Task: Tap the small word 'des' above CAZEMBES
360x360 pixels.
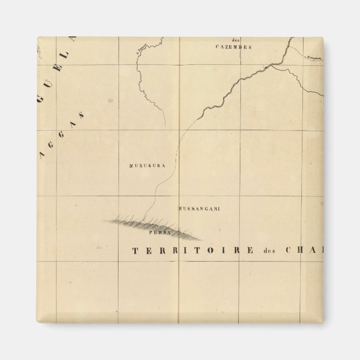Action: pos(235,40)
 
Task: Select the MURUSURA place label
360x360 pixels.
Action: pos(144,166)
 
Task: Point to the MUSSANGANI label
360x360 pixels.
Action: pos(198,209)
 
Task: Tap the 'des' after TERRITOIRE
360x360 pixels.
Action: pos(271,250)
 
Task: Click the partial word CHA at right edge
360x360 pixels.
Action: pos(307,250)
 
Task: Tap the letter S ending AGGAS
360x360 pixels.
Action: pos(82,115)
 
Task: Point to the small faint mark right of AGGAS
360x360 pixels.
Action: pos(111,101)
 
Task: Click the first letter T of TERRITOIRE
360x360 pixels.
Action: pos(134,250)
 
